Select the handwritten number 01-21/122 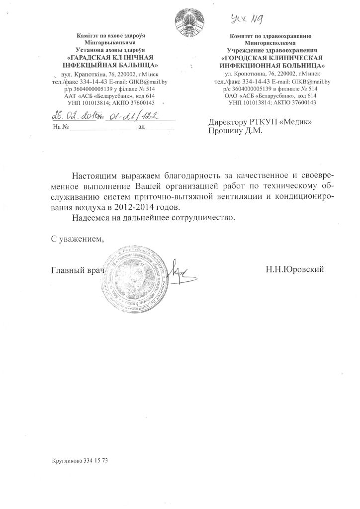tap(130, 116)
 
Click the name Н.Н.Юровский tap(295, 269)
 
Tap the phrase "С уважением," tap(79, 238)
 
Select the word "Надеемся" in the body tap(90, 218)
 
